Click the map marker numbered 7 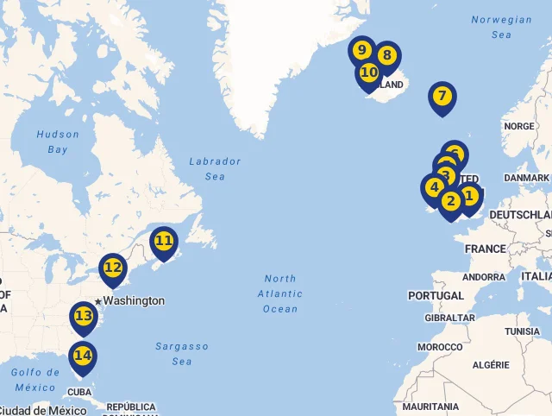coord(442,97)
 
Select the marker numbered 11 coord(164,242)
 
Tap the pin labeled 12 coord(113,268)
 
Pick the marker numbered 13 coord(84,317)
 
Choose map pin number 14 coord(83,356)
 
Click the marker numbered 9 coord(361,50)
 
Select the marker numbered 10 coord(369,73)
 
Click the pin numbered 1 coord(470,196)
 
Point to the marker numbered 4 coord(433,187)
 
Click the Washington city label coord(134,301)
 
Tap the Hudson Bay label coord(58,142)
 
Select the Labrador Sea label coord(215,168)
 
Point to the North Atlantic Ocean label coord(280,293)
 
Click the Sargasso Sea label coord(182,354)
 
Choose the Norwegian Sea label coord(501,27)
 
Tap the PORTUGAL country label coord(436,296)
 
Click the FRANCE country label coord(486,249)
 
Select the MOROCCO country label coord(440,347)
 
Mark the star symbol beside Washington coord(99,301)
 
